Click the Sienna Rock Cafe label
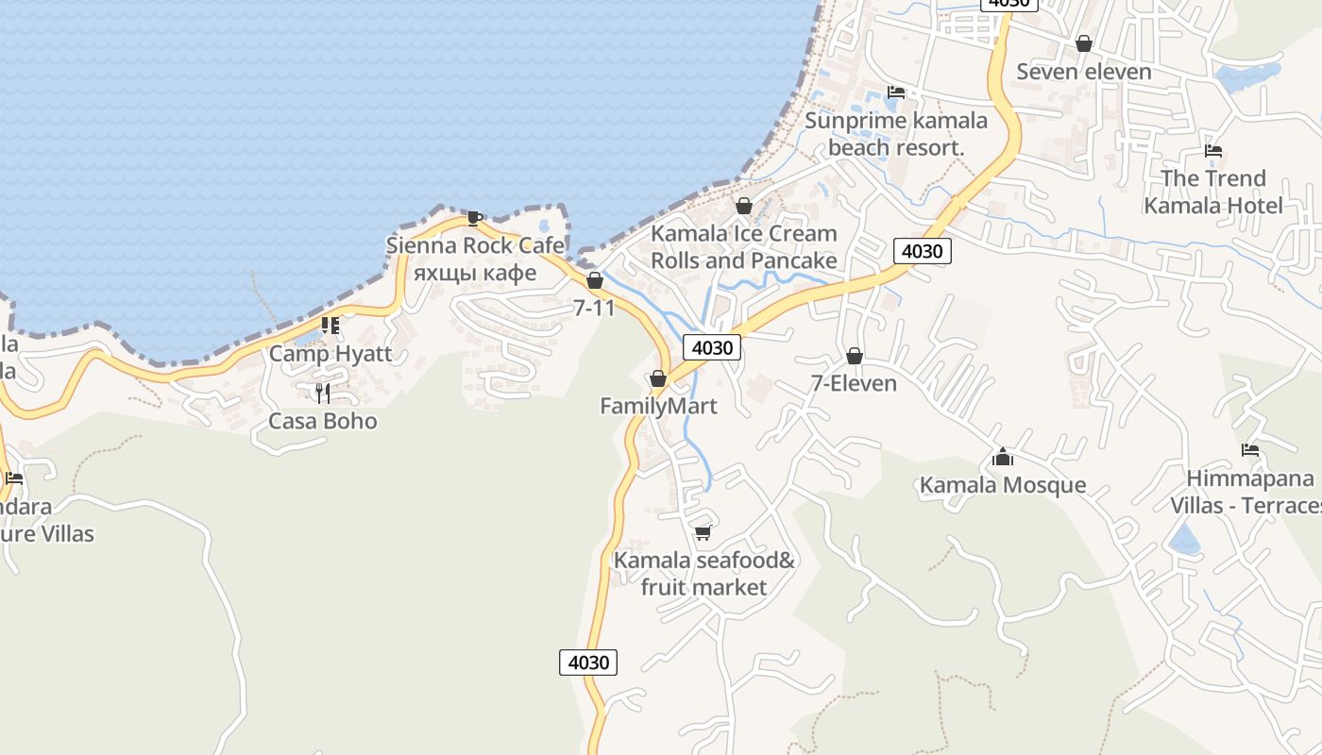click(475, 246)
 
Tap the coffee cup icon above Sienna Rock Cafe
click(475, 219)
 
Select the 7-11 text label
click(594, 308)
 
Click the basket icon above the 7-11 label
click(595, 280)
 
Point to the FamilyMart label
click(658, 406)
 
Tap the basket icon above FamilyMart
click(658, 378)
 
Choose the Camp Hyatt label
click(330, 354)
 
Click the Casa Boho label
click(323, 421)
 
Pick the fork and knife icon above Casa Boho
click(323, 393)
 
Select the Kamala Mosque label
click(1003, 485)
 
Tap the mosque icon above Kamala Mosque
click(1003, 458)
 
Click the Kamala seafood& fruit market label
click(703, 574)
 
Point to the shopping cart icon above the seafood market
click(703, 533)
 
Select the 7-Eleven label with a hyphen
click(854, 383)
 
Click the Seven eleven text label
click(1084, 72)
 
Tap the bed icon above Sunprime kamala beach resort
click(895, 92)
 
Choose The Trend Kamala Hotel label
click(1213, 192)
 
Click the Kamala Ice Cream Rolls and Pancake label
click(744, 246)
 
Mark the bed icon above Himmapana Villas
click(1250, 450)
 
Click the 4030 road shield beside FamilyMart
click(712, 347)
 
